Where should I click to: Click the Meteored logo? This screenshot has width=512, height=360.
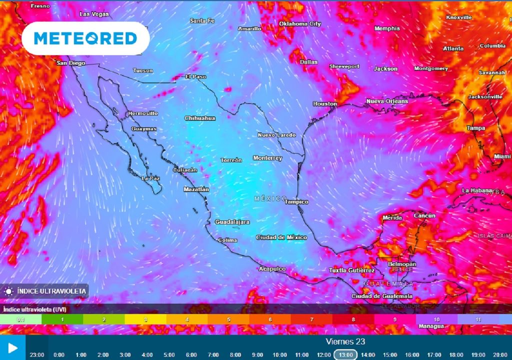click(x=85, y=38)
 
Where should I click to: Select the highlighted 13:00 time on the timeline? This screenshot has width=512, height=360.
click(x=345, y=354)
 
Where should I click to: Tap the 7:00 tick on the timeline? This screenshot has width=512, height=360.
click(x=213, y=354)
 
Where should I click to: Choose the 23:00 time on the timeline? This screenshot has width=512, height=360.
click(x=37, y=354)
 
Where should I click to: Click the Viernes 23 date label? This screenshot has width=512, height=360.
click(x=345, y=341)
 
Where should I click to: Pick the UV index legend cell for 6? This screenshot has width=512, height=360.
click(x=270, y=319)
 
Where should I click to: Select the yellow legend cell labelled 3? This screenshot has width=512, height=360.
click(x=145, y=319)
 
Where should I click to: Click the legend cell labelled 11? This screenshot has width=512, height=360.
click(x=477, y=319)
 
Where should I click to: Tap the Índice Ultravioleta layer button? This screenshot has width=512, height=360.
click(x=45, y=290)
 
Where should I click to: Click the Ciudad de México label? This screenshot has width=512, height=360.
click(x=281, y=237)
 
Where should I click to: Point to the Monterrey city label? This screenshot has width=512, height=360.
click(x=267, y=158)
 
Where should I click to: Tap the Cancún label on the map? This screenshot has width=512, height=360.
click(x=424, y=215)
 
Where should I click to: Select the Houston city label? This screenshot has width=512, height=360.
click(x=325, y=103)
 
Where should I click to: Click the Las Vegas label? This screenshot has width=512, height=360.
click(x=94, y=14)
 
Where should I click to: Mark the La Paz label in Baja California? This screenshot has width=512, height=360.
click(x=150, y=178)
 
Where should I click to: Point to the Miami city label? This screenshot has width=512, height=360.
click(x=502, y=156)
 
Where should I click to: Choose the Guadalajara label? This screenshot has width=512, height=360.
click(x=232, y=221)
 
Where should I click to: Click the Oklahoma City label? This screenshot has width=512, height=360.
click(x=299, y=23)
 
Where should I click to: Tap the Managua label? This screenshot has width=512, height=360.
click(x=431, y=326)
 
